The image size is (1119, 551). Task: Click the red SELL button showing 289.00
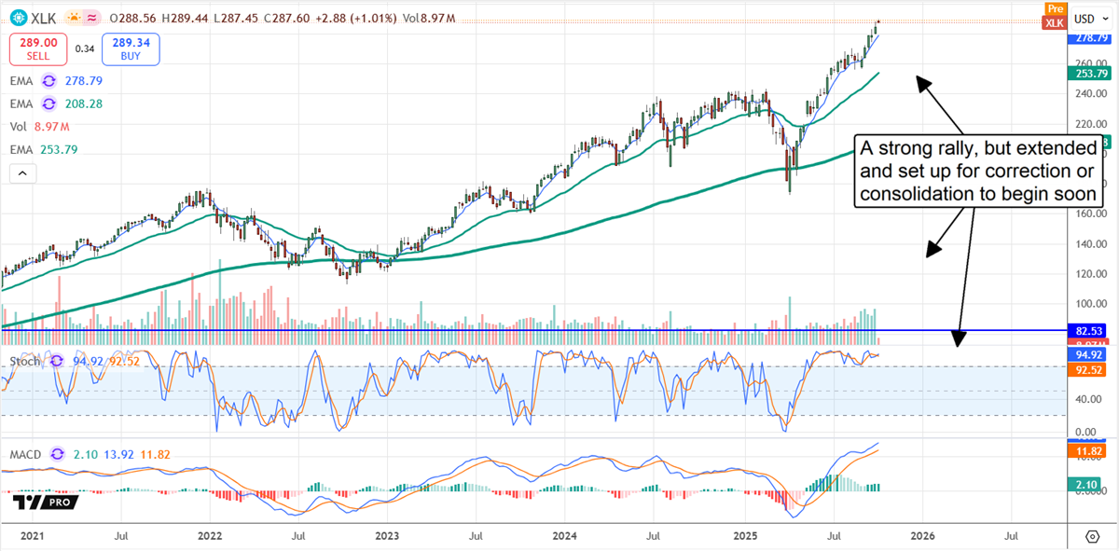[x=32, y=47]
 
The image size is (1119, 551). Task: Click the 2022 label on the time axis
[x=210, y=537]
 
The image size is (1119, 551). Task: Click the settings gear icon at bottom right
[x=1092, y=537]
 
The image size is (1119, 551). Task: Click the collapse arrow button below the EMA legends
[x=21, y=173]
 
